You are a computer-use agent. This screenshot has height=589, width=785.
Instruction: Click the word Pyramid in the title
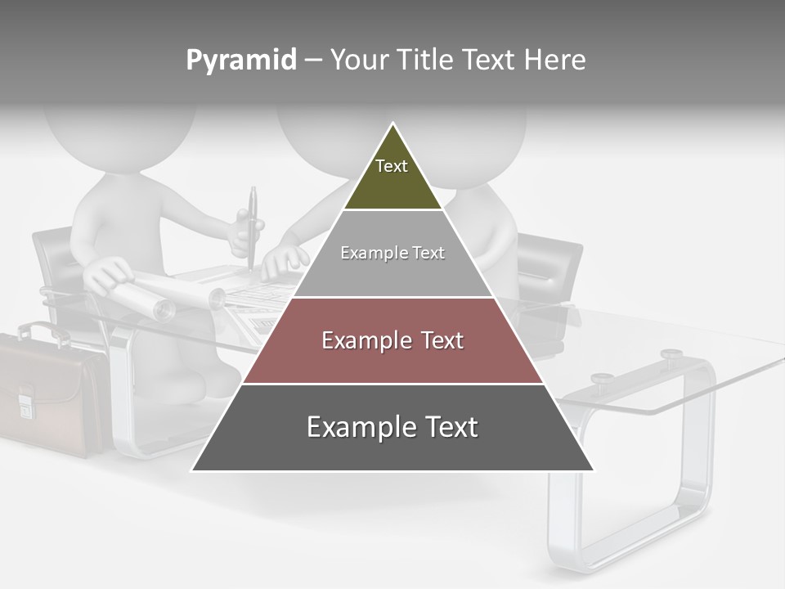(x=240, y=61)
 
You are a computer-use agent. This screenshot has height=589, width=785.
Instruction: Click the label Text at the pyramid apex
(x=392, y=166)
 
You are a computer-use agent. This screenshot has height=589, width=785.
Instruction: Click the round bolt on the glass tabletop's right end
(x=671, y=354)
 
